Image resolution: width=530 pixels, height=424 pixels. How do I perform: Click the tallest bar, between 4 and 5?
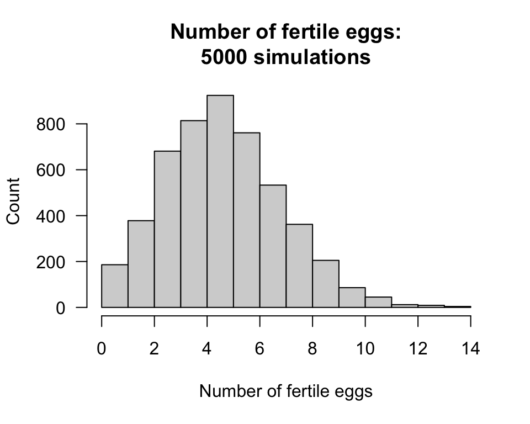pos(220,202)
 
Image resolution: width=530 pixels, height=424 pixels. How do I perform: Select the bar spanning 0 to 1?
pos(115,286)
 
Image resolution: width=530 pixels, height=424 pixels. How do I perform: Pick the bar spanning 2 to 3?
pos(167,229)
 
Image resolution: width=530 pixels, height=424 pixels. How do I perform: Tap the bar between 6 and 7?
pos(273,246)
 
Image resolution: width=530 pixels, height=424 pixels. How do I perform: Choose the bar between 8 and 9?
pos(326,284)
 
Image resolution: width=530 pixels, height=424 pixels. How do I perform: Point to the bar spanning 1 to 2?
pos(141,264)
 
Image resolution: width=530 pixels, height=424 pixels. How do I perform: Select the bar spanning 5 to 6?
pos(247,220)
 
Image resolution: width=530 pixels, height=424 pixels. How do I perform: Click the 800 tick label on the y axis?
pos(51,125)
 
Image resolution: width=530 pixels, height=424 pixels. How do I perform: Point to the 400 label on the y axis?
pos(51,216)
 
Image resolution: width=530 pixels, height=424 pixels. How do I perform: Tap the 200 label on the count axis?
pos(51,262)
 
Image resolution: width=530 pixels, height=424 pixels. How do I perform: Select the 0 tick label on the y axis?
pos(60,308)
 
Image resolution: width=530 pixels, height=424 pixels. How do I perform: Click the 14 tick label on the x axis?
pos(470,349)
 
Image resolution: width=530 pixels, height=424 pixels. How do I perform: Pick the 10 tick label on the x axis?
pos(365,349)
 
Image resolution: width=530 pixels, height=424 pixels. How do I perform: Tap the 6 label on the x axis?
pos(259,349)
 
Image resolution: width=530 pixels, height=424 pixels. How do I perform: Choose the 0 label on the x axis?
pos(102,349)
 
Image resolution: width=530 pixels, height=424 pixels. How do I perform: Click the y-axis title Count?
pos(14,201)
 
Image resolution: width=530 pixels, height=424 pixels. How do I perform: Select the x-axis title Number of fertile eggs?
pos(285,391)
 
